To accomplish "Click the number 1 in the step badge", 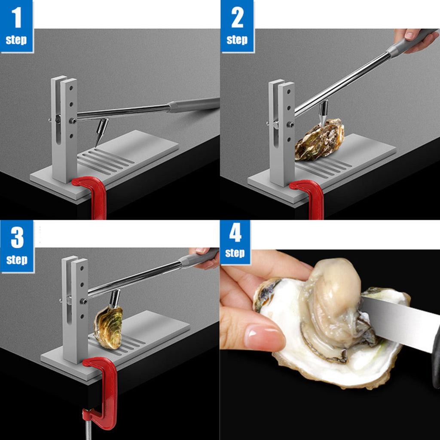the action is coord(17,18).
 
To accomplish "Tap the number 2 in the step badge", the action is coord(237,18).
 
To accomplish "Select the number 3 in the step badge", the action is coord(17,237).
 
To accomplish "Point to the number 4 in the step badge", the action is coord(235,234).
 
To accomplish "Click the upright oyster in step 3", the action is coord(108,327).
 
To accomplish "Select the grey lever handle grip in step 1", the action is coord(194,105).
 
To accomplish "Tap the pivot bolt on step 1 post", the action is coord(73,121).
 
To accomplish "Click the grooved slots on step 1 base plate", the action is coord(106,159).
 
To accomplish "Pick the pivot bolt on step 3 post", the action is coord(83,301).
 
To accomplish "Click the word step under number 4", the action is coord(235,253).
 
